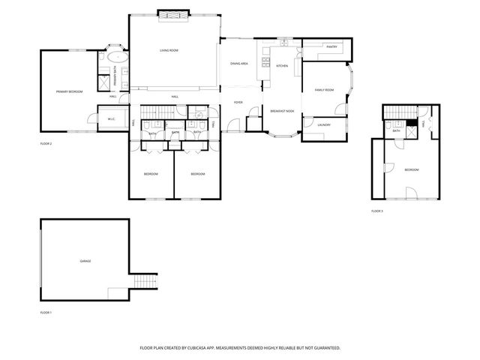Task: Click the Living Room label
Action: [168, 50]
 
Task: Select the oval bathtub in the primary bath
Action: [118, 56]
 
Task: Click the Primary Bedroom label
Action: [69, 91]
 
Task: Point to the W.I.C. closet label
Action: [111, 118]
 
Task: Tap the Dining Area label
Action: [239, 64]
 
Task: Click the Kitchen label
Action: [282, 66]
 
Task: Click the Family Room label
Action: [323, 90]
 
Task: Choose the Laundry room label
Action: [324, 124]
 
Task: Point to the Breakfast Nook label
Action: [282, 110]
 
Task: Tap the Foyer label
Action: [238, 102]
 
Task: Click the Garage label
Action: [85, 261]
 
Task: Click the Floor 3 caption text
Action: [376, 211]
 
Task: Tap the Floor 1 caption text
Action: [46, 311]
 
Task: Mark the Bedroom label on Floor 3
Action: [412, 170]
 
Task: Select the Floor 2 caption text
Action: [46, 142]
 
